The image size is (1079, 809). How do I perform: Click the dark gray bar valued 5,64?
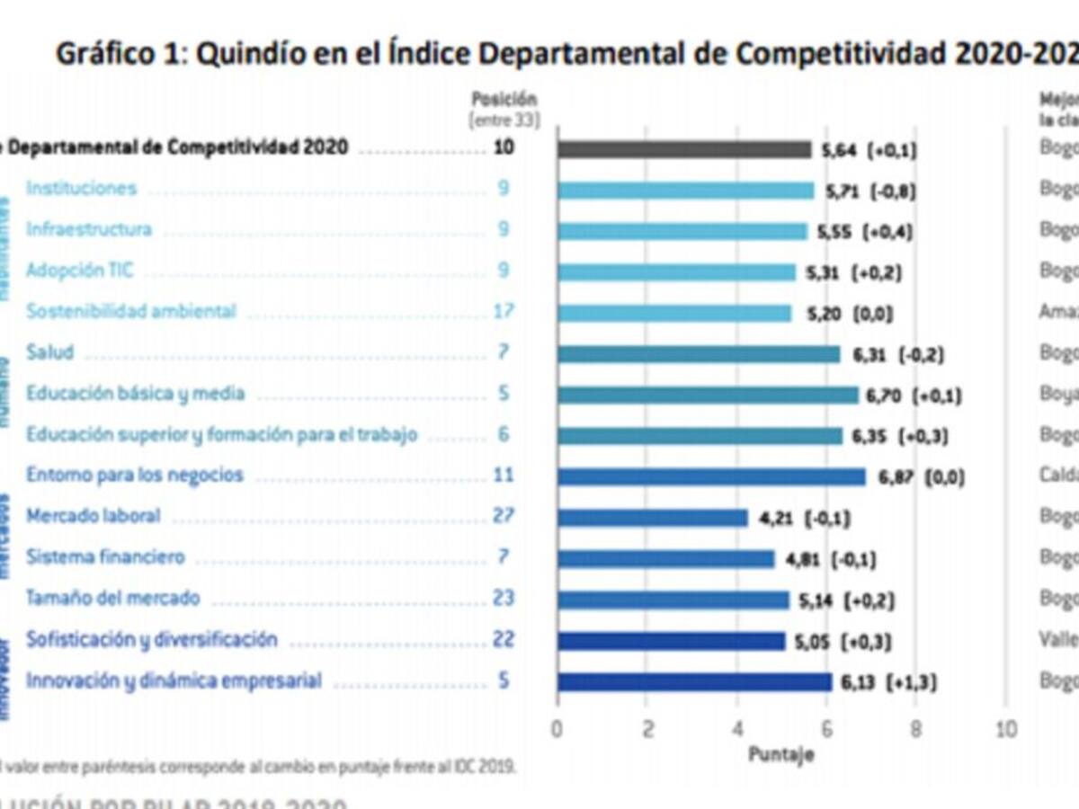[x=683, y=149]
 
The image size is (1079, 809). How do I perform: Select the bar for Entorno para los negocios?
[x=710, y=476]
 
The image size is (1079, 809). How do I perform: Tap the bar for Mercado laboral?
[x=652, y=518]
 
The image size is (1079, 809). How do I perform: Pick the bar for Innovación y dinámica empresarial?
[x=694, y=682]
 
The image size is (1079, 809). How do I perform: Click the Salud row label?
[x=49, y=352]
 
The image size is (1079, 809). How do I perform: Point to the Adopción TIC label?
[x=79, y=270]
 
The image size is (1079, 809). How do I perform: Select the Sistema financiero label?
[x=105, y=557]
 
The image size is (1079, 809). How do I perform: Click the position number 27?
[x=503, y=516]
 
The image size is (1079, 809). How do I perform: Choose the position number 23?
[x=503, y=599]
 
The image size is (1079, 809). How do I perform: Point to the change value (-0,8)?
[x=890, y=191]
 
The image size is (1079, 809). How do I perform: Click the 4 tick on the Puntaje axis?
[x=736, y=728]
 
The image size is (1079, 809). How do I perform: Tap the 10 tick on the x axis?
[x=1005, y=728]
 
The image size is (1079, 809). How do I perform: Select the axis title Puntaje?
[x=780, y=755]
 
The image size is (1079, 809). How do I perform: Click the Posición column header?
[x=504, y=100]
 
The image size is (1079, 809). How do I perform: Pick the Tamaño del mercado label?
[x=112, y=599]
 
